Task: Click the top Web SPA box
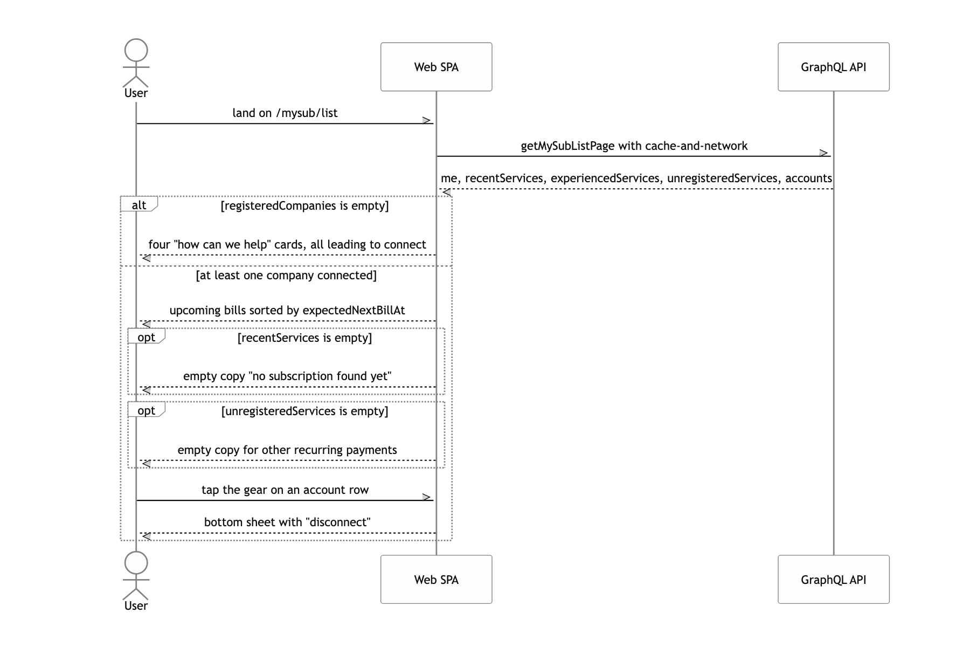pos(436,67)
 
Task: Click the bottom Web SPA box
pos(436,580)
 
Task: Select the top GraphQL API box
pos(834,67)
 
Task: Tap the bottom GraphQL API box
pos(834,580)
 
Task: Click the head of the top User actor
pos(136,50)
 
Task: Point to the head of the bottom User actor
pos(136,563)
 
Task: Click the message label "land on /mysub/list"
pos(285,113)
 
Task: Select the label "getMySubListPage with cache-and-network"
pos(634,146)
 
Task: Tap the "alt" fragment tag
pos(138,205)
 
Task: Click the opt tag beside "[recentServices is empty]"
pos(146,337)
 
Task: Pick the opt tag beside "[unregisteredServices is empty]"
pos(146,410)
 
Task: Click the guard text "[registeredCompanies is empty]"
pos(304,206)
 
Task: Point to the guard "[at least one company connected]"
pos(286,276)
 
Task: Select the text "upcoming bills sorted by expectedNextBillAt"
pos(287,311)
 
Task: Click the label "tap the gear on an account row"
pos(285,490)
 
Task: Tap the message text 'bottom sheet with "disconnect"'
pos(287,522)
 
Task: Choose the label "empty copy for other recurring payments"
pos(287,450)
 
